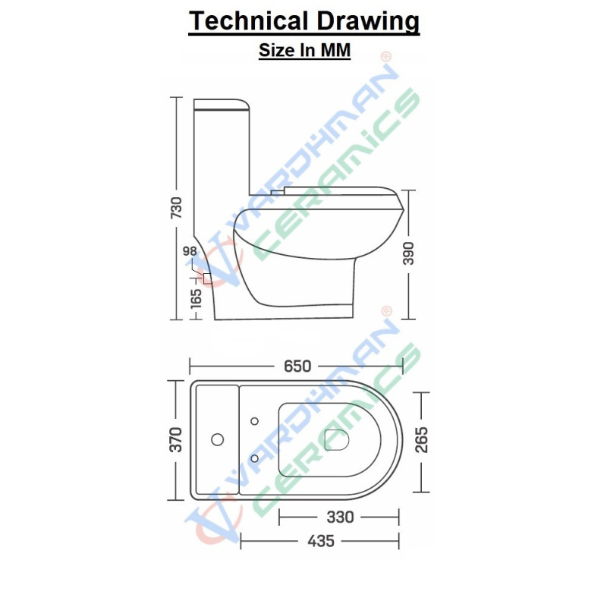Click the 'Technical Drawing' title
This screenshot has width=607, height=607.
(303, 21)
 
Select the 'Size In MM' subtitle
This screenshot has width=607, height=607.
(303, 51)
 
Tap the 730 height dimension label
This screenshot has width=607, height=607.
(176, 209)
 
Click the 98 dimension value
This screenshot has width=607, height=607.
(190, 252)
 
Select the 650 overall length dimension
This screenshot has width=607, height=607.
(297, 366)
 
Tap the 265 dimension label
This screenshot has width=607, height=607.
(422, 439)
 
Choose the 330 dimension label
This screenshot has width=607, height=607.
(339, 517)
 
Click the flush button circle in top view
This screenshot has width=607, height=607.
(218, 439)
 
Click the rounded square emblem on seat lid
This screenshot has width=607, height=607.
(335, 439)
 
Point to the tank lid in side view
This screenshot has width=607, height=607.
(222, 105)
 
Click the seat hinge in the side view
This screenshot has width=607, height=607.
(279, 193)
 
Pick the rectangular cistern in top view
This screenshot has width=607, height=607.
(216, 439)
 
